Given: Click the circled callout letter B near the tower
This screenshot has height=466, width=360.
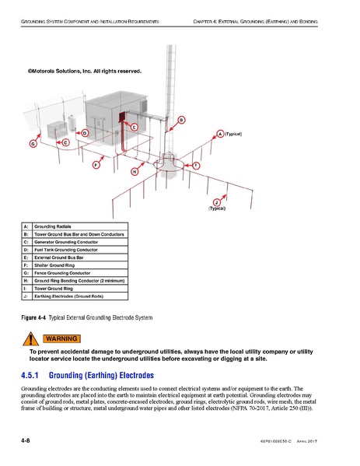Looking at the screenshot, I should (x=181, y=119).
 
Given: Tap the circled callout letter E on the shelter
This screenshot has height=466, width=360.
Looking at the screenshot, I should (x=134, y=126).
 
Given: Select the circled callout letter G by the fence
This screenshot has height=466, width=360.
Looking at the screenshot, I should (x=33, y=144).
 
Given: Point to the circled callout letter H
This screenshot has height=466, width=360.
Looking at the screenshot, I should (x=135, y=171).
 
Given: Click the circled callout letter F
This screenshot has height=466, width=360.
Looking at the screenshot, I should (x=96, y=165).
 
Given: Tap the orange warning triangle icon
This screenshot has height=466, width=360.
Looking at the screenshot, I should (x=30, y=338).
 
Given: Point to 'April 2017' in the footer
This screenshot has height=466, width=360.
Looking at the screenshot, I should (x=307, y=442).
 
